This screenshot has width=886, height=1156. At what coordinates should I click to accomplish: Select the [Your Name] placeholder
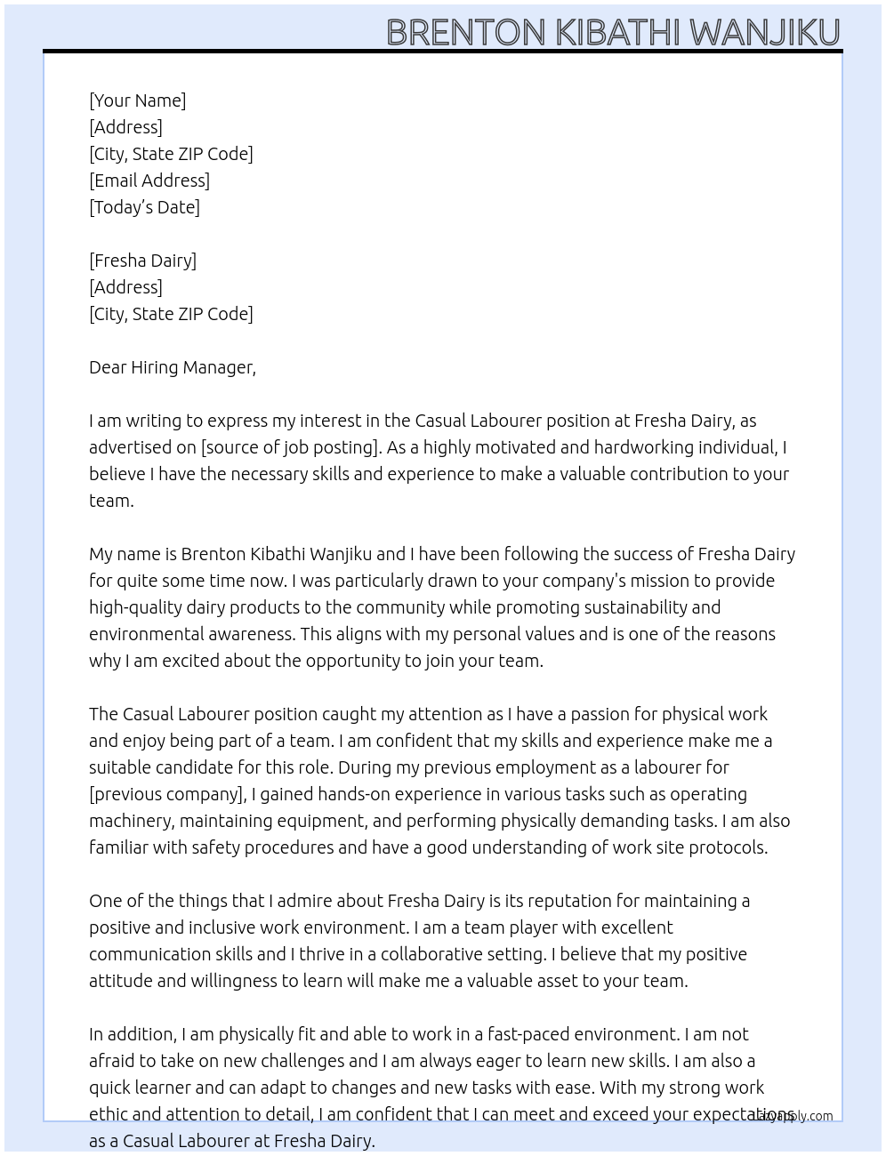(137, 100)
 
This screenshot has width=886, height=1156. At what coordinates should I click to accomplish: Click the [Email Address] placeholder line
(149, 181)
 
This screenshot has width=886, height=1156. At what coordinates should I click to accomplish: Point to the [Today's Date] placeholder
(144, 207)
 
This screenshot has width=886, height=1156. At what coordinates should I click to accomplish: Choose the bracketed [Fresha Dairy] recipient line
(142, 261)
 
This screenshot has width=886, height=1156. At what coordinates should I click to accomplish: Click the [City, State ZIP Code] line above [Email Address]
(171, 154)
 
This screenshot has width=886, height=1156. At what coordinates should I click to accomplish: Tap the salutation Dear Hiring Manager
(172, 367)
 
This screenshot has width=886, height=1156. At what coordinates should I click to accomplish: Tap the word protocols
(729, 847)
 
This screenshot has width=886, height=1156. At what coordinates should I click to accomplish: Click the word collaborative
(436, 954)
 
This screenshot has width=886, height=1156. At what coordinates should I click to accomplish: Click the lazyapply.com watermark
(793, 1116)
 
